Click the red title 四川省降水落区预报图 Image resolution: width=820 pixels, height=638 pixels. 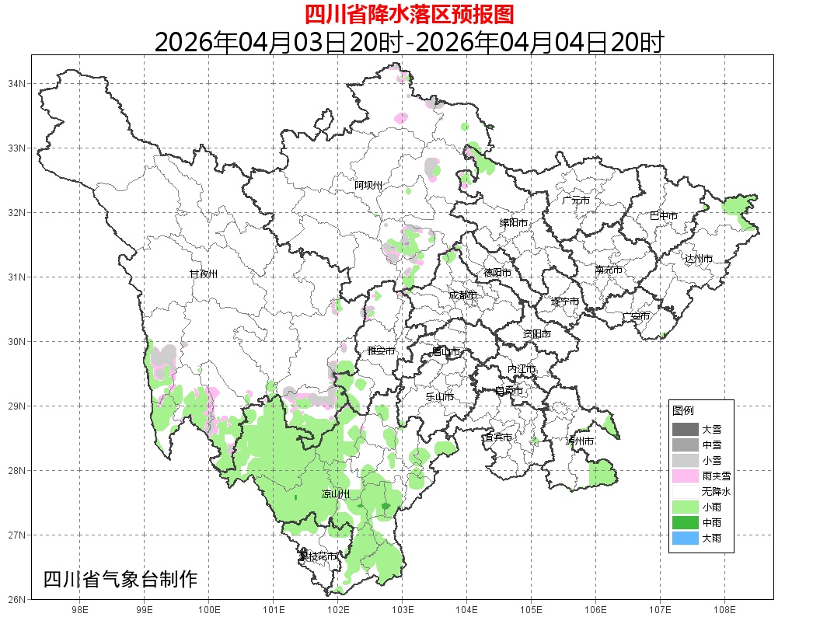coord(409,14)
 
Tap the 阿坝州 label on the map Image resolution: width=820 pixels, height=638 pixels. coord(368,185)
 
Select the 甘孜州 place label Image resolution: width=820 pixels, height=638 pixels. coord(204,274)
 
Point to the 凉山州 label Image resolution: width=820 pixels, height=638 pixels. coord(336,495)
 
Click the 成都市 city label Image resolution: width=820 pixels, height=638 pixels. coord(462,295)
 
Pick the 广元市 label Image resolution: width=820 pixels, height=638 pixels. coord(576,200)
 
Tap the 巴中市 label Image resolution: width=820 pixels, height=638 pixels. coord(664,216)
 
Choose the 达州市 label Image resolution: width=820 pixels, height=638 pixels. coord(699,258)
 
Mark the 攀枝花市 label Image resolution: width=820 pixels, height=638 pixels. coord(318,556)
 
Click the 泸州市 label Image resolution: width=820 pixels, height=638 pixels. coord(580,441)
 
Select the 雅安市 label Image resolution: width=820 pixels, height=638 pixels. coord(381,351)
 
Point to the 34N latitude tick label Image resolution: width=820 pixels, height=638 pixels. coord(18,83)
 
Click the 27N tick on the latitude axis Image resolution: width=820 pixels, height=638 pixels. coord(18,535)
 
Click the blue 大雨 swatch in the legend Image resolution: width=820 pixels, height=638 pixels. coord(686,538)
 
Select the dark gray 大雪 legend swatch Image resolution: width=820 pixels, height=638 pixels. coord(686,429)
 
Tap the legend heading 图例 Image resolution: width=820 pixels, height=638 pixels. coord(683,410)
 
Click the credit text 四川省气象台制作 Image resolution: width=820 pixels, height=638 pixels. coord(120,579)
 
